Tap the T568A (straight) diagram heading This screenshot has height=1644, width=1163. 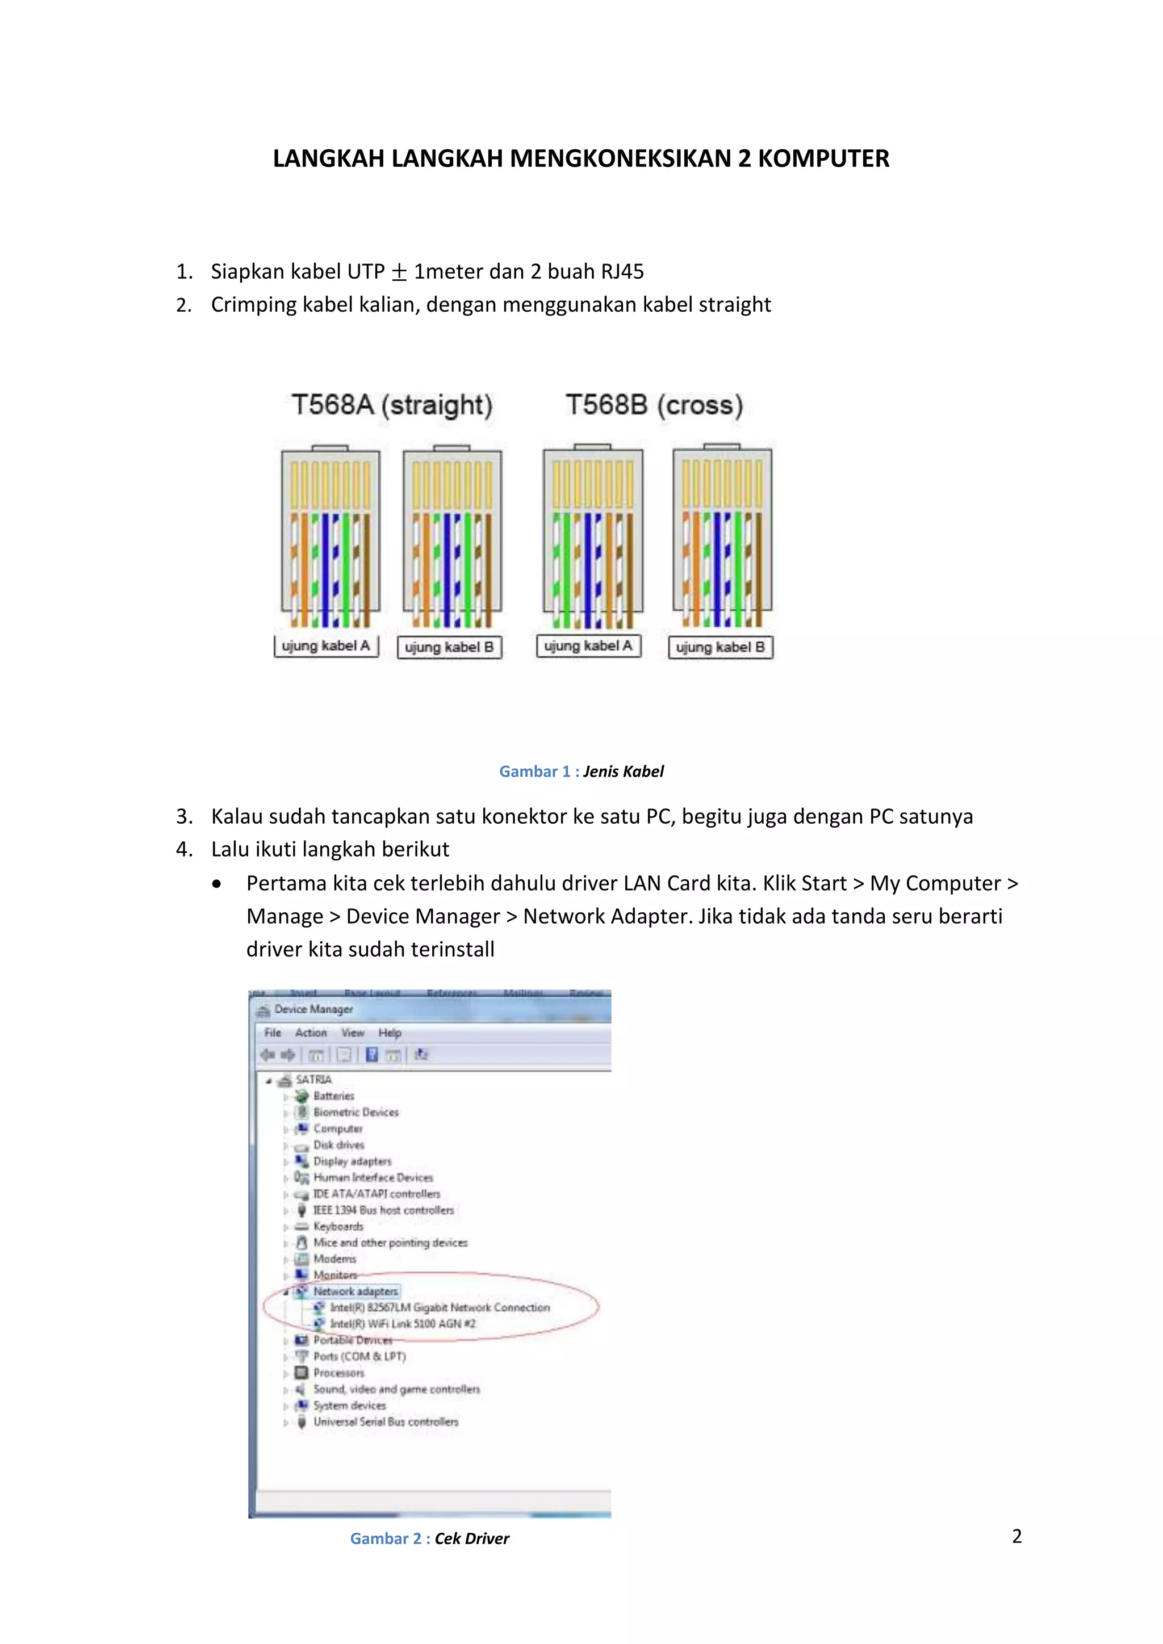pos(392,405)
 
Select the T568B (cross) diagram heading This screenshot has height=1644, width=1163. pos(654,405)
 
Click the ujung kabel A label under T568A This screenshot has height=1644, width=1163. pos(326,646)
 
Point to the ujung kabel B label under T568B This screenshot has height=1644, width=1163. pos(721,647)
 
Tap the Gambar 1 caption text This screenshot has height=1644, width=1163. pos(581,771)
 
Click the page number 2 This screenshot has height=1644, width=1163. pos(1016,1536)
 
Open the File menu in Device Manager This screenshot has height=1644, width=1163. pos(272,1033)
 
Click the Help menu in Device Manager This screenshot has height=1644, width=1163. pos(390,1033)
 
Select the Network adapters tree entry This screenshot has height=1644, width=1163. pos(355,1291)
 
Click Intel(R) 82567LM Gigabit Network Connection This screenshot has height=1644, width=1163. pos(439,1307)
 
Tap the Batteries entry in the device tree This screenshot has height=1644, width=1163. pos(334,1096)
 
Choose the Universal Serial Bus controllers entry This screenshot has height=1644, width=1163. pos(385,1421)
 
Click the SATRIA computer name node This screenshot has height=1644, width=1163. pos(313,1079)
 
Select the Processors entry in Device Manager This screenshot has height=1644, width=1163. pos(338,1373)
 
